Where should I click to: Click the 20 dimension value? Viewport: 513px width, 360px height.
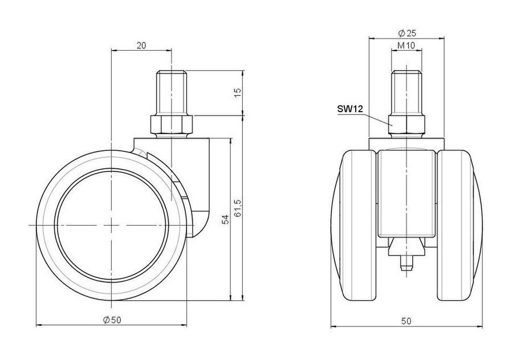[x=141, y=46]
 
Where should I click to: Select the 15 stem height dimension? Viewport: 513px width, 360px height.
[x=238, y=93]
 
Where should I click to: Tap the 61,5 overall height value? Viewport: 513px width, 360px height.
[x=238, y=208]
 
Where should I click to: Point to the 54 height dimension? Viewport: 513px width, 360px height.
[x=225, y=219]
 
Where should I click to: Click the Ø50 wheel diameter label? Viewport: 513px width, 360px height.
[x=112, y=320]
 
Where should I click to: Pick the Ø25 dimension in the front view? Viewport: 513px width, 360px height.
[x=406, y=32]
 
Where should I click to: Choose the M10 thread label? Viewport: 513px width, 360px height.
[x=406, y=46]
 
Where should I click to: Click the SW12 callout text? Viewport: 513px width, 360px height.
[x=350, y=109]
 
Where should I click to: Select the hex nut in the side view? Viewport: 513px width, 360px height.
[x=172, y=126]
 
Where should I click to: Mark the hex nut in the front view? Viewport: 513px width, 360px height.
[x=406, y=126]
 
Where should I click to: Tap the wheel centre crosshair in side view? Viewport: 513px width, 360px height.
[x=112, y=226]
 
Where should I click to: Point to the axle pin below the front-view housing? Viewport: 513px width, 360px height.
[x=406, y=263]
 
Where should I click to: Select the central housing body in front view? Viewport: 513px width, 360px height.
[x=406, y=193]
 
